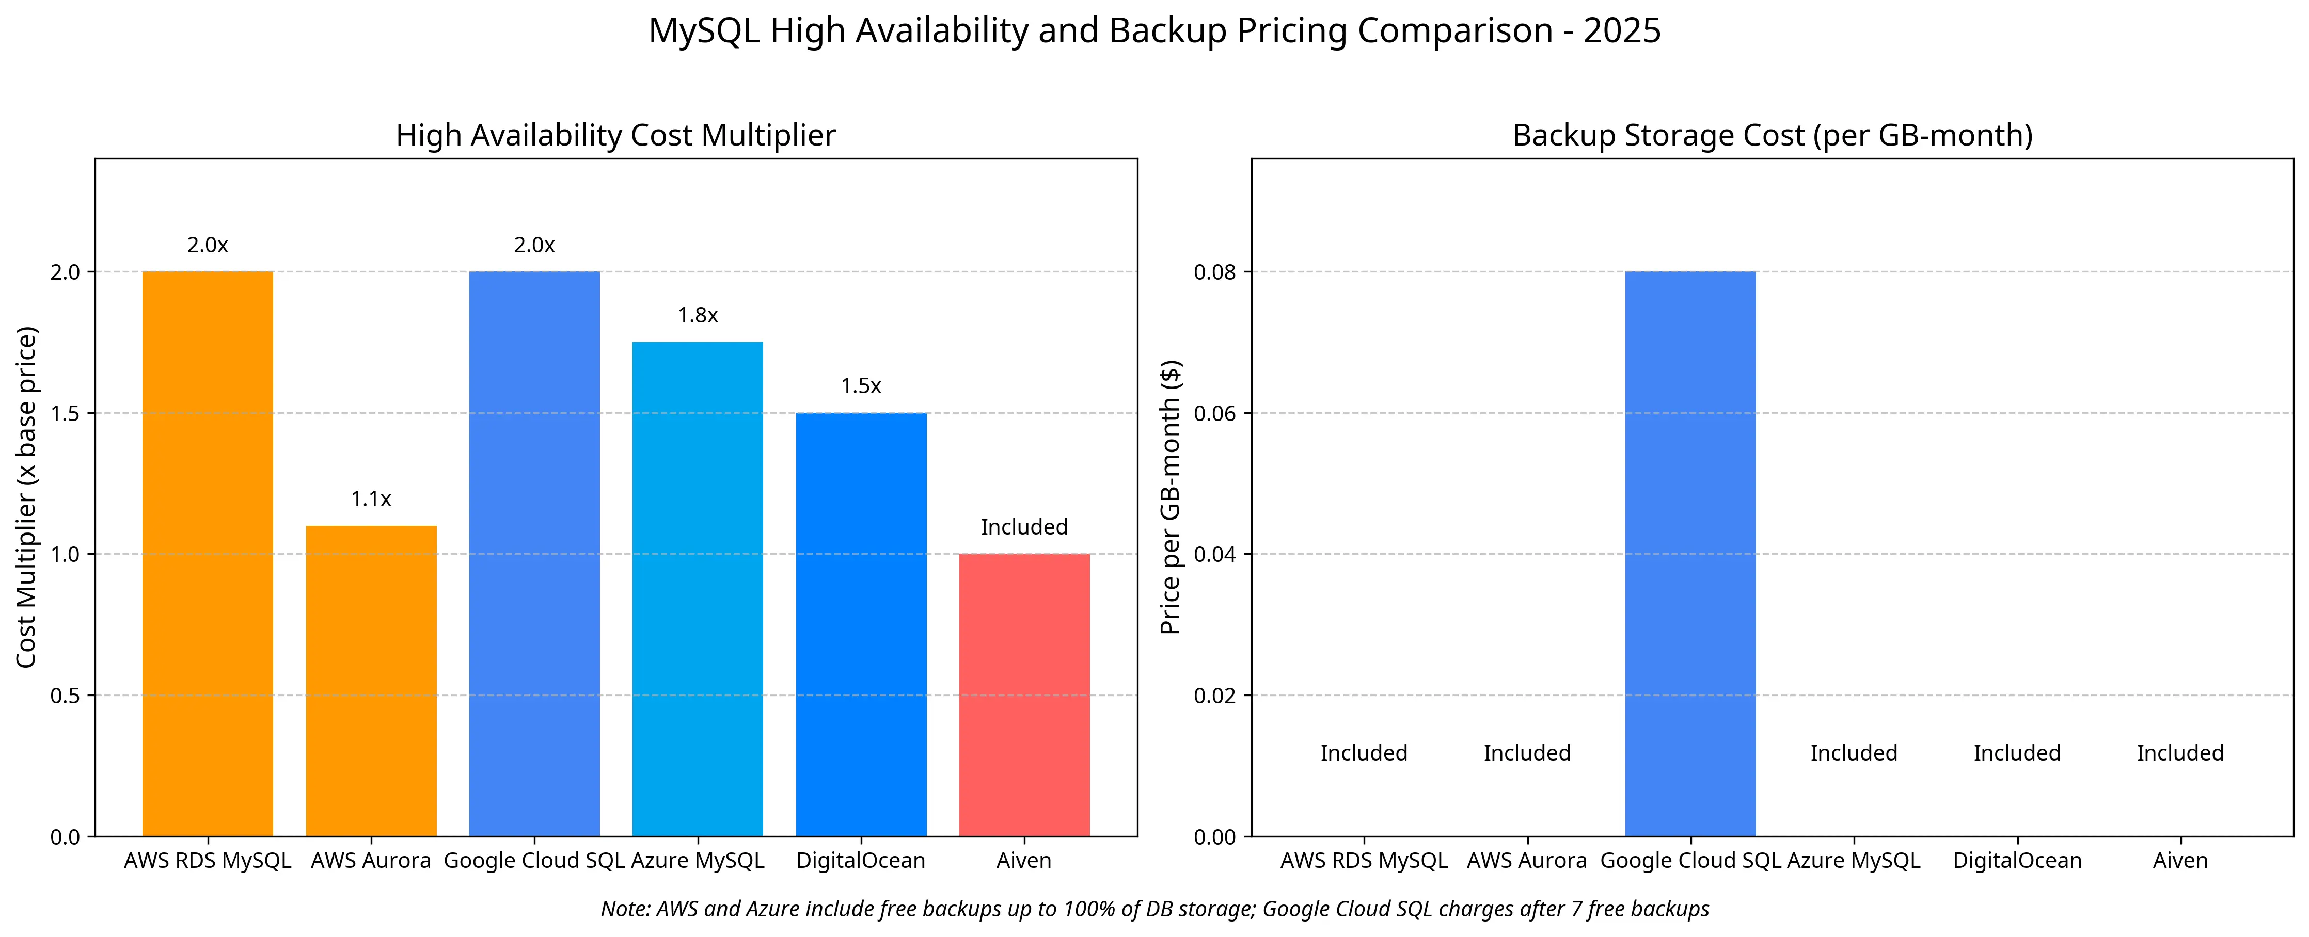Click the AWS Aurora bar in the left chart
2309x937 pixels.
pyautogui.click(x=371, y=681)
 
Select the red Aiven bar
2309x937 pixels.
pyautogui.click(x=1024, y=695)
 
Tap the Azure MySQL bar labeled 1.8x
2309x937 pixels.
pyautogui.click(x=698, y=589)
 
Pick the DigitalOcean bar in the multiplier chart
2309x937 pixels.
pyautogui.click(x=861, y=624)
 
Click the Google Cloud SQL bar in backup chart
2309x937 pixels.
pyautogui.click(x=1689, y=554)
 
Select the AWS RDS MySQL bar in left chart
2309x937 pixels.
pyautogui.click(x=207, y=554)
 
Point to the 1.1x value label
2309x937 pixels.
pyautogui.click(x=371, y=499)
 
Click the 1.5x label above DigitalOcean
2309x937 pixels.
pyautogui.click(x=861, y=386)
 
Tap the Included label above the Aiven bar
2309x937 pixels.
pyautogui.click(x=1024, y=527)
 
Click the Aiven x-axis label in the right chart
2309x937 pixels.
pyautogui.click(x=2180, y=861)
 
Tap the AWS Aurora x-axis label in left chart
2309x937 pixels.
pyautogui.click(x=371, y=861)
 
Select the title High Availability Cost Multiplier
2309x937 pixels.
pyautogui.click(x=616, y=135)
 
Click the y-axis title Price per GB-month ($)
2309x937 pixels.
pyautogui.click(x=1170, y=497)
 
